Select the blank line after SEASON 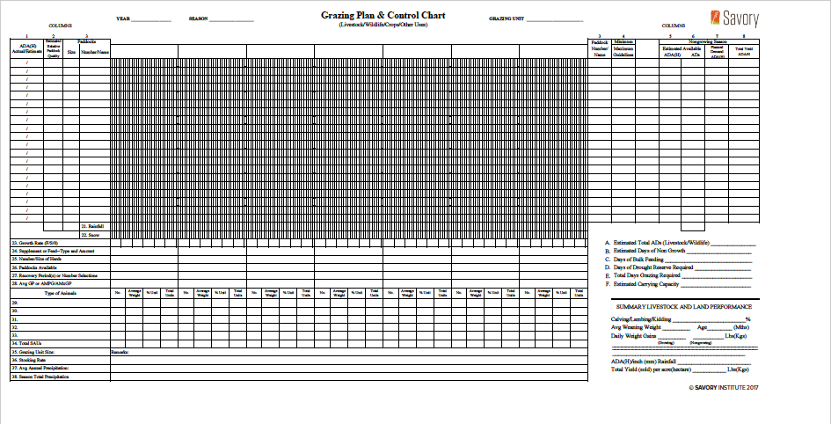click(x=231, y=19)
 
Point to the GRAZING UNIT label click(x=507, y=18)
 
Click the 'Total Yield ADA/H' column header click(x=743, y=51)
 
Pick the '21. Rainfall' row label click(x=92, y=227)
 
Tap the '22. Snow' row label click(x=90, y=235)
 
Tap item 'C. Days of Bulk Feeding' click(x=645, y=259)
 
